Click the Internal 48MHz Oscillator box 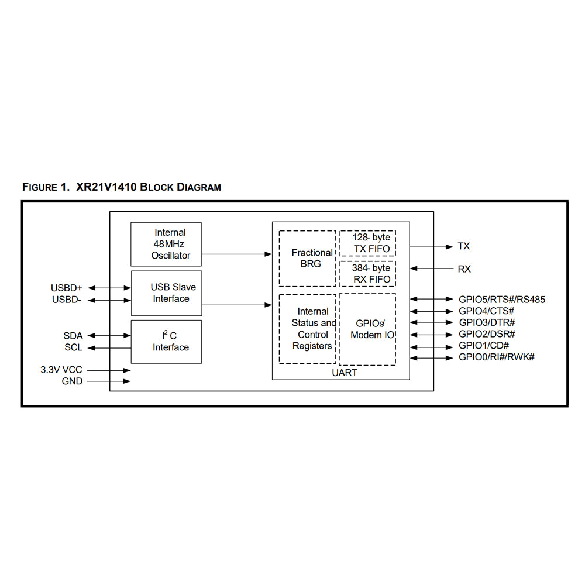tap(166, 244)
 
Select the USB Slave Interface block tap(166, 293)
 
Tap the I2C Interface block tap(166, 342)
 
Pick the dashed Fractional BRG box tap(307, 258)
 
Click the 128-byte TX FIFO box tap(367, 243)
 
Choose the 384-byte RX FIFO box tap(367, 274)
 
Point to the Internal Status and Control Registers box tap(307, 329)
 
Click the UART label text tap(345, 373)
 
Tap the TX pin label tap(463, 247)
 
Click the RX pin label tap(464, 269)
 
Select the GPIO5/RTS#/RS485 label tap(502, 300)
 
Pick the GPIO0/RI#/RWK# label tap(497, 357)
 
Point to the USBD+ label tap(67, 288)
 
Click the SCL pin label tap(73, 347)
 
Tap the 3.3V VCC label tap(61, 370)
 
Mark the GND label tap(72, 381)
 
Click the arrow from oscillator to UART tap(237, 254)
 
